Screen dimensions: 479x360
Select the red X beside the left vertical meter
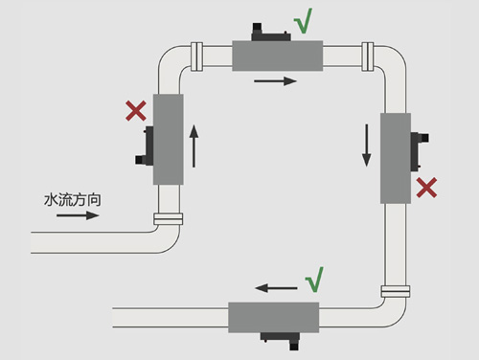pos(136,111)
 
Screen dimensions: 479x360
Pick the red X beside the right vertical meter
pos(426,188)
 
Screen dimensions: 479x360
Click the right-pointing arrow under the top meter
pos(275,81)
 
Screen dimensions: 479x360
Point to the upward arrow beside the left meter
pos(194,146)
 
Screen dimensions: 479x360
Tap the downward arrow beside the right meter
pos(367,146)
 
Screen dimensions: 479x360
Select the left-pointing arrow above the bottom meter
pos(276,288)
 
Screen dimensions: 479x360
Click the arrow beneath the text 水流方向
pos(78,215)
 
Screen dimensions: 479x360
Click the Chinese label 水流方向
pos(73,200)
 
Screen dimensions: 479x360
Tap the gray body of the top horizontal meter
pos(277,56)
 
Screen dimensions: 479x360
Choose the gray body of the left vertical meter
pos(169,140)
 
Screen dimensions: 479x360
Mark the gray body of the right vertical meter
pos(396,158)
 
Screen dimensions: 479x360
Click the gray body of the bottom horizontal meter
pos(274,318)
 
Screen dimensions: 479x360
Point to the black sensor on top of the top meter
pos(271,33)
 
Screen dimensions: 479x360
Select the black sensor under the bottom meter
pos(280,341)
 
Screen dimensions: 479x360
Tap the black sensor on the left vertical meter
pos(146,146)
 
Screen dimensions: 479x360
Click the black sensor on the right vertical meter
pos(419,151)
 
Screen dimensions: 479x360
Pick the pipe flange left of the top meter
pos(196,56)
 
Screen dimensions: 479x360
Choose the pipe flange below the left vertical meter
pos(169,219)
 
